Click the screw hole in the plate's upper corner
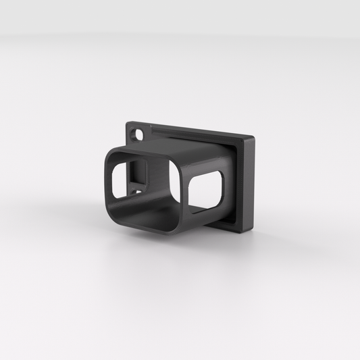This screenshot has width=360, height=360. coord(140,133)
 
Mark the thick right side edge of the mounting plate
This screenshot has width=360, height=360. coord(249,183)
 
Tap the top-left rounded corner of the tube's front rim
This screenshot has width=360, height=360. coord(111,153)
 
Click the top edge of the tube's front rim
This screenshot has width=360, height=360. coord(145,153)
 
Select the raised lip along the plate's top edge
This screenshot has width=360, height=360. coord(196,132)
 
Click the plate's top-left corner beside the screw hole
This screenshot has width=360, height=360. coord(129,124)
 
